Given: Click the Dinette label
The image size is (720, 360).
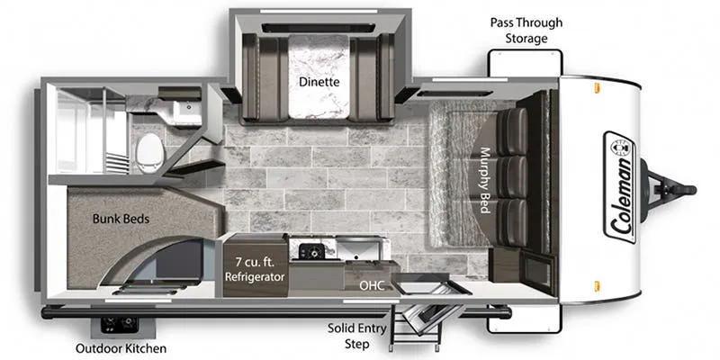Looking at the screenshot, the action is click(319, 82).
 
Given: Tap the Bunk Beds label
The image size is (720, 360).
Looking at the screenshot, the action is click(121, 219).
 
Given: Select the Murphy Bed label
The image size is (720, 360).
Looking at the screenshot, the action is click(484, 180).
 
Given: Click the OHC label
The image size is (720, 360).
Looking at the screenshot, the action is click(372, 286).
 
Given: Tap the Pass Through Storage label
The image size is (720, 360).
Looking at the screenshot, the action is click(526, 31).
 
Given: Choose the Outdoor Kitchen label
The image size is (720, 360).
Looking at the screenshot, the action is click(121, 348).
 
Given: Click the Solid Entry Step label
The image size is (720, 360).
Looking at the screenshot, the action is click(356, 336).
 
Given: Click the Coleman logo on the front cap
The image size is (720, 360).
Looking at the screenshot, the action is click(620, 187).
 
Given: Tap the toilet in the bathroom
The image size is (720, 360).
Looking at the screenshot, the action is click(149, 153).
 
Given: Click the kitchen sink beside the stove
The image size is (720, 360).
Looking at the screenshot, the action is click(358, 248).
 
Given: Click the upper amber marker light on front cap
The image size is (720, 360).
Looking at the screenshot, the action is click(597, 87).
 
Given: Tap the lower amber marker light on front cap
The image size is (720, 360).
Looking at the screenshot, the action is click(597, 286).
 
